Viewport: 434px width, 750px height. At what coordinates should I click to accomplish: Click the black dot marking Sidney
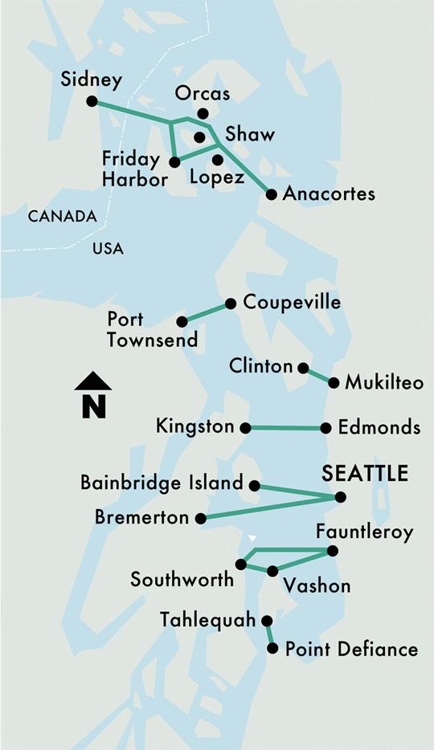coord(92,101)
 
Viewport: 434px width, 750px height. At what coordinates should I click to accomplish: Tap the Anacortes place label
coord(329,194)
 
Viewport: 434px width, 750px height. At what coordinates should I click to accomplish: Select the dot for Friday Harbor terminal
coord(174,162)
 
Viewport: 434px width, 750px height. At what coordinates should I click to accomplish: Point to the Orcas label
coord(203,94)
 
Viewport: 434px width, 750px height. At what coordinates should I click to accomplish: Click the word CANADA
coord(62,216)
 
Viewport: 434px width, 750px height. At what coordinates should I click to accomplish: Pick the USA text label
coord(108,249)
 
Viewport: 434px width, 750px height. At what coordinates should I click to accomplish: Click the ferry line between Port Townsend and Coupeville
coord(206,312)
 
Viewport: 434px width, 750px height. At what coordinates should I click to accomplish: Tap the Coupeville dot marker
coord(231,304)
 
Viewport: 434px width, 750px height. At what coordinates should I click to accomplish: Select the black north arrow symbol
coord(93,394)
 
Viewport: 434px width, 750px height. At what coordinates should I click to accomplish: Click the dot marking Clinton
coord(303,368)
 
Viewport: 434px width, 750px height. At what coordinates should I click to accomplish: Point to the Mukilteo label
coord(383,382)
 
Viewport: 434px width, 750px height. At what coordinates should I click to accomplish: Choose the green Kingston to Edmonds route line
coord(285,428)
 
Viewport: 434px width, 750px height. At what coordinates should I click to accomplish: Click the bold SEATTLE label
coord(365,474)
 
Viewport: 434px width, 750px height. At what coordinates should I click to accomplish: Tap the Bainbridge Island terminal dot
coord(254,485)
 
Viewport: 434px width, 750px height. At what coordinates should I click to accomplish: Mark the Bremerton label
coord(141,518)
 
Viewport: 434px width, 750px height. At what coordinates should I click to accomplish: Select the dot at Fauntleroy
coord(333,551)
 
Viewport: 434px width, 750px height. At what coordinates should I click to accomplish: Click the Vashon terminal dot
coord(272,571)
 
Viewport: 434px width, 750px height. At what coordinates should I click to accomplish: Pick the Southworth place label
coord(182,579)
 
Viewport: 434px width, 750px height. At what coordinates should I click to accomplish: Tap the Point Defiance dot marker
coord(272,648)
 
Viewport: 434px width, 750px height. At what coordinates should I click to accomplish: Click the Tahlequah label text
coord(207,620)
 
